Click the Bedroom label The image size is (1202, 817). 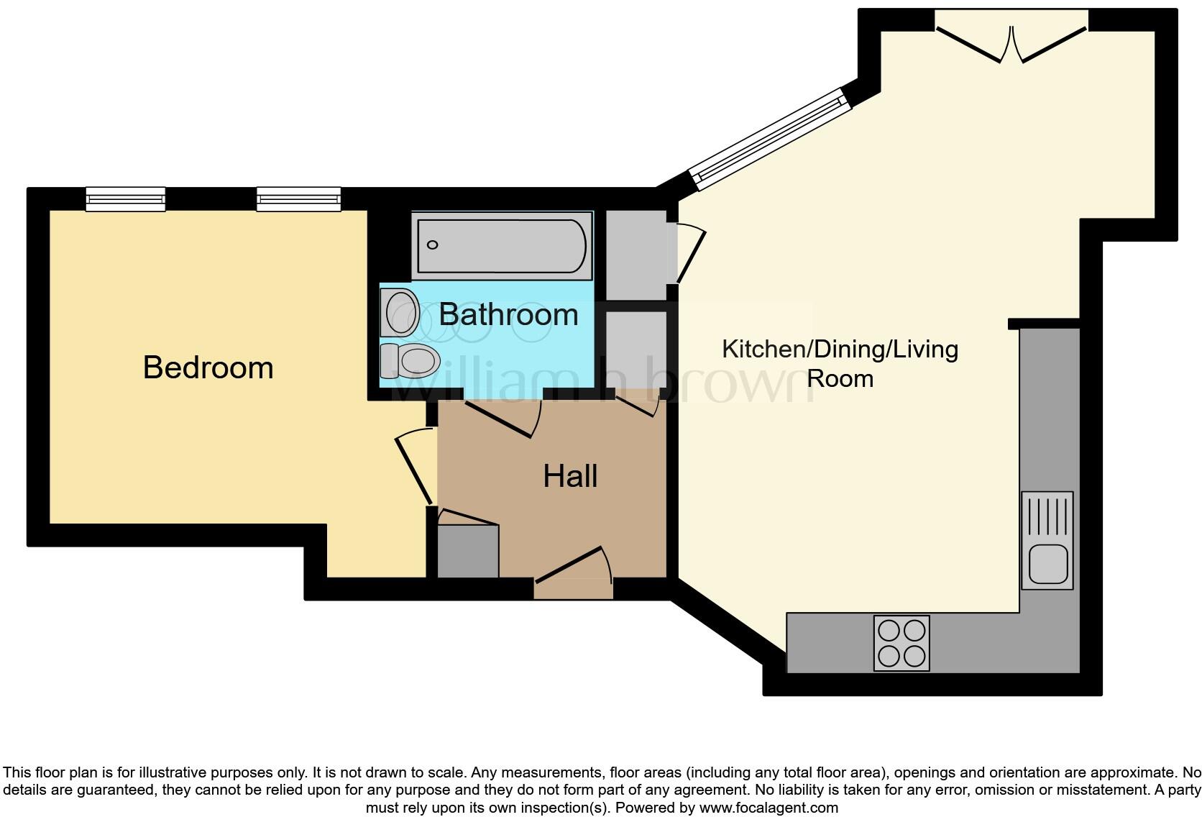[208, 368]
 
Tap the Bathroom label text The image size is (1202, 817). [508, 314]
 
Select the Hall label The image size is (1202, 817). [570, 476]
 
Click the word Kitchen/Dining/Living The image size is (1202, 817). [840, 350]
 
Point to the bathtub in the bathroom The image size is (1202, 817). [501, 246]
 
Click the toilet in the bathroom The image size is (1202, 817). [411, 360]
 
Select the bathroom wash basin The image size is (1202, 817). [400, 313]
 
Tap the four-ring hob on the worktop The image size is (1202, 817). [901, 643]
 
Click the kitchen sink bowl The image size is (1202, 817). [1047, 563]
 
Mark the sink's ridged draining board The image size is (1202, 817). [1047, 516]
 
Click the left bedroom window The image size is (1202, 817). [126, 199]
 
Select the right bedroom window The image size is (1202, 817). [298, 199]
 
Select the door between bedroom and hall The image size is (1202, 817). [413, 467]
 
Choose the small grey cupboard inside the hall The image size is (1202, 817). [468, 550]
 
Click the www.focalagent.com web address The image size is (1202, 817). [769, 808]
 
